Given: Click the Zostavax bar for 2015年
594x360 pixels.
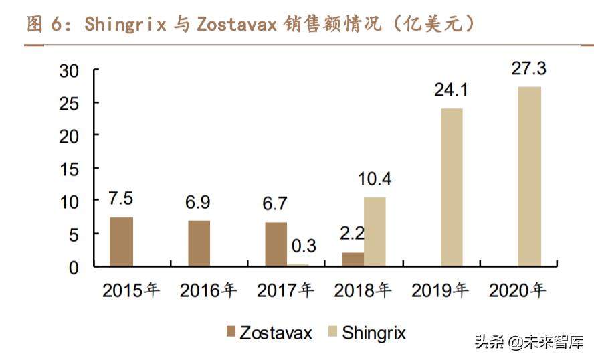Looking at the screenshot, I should tap(121, 242).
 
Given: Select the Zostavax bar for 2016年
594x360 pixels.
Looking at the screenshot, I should tap(199, 244).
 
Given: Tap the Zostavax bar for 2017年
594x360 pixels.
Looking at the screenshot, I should tap(276, 244).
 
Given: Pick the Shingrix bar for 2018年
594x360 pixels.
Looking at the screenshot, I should tap(375, 232).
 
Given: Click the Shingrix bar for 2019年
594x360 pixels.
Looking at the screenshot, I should tap(452, 187).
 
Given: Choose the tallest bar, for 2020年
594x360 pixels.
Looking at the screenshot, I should tap(530, 177).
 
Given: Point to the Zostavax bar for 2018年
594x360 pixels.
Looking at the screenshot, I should tap(353, 259).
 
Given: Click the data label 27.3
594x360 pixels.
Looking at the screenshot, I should tap(528, 69).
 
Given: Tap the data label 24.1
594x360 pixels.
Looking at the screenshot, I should tap(451, 90).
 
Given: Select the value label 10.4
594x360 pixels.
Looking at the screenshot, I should tap(375, 179).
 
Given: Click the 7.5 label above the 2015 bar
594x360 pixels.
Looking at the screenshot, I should tap(122, 199).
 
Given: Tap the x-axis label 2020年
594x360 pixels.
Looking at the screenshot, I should tap(518, 291).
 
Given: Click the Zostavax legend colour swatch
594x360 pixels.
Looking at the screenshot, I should tap(231, 331).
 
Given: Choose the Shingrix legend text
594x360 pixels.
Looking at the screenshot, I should tap(374, 332).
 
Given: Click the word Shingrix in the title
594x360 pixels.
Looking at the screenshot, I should tap(125, 24).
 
